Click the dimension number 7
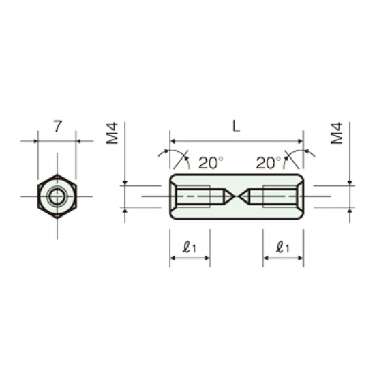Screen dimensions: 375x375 coord(58,126)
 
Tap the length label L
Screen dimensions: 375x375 coord(237,126)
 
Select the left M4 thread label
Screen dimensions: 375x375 coord(112,133)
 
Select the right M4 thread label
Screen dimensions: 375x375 coord(337,133)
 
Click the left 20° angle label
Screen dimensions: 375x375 coord(211,163)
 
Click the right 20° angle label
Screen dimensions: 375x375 coord(269,163)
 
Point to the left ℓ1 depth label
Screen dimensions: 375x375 coord(190,247)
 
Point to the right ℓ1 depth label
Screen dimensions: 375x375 coord(283,247)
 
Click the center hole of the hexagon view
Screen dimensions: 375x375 coord(57,196)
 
